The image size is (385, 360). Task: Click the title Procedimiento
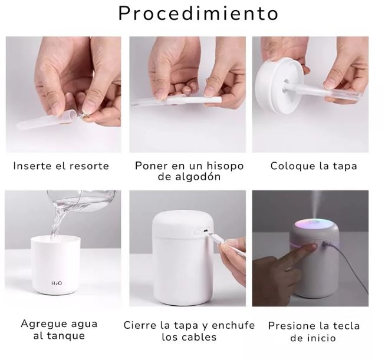click(x=198, y=13)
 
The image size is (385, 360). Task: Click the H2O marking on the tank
click(x=57, y=284)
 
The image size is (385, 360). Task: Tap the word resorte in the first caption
click(x=89, y=166)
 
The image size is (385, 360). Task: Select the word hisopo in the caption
click(x=225, y=166)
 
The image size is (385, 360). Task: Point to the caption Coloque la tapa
click(x=314, y=166)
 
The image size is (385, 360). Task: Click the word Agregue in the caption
click(x=42, y=325)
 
